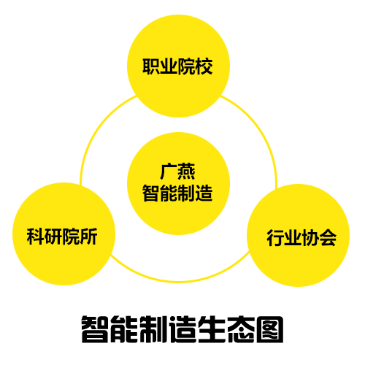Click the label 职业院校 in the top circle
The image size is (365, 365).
tap(177, 66)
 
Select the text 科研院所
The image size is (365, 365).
tap(62, 237)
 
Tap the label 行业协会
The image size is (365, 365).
tap(301, 238)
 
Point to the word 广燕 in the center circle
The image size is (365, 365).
tap(177, 172)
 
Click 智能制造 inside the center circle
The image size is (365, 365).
tap(177, 193)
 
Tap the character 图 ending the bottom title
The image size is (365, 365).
tap(270, 329)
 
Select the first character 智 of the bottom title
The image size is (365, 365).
tap(95, 329)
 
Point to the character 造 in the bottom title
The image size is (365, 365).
tap(182, 329)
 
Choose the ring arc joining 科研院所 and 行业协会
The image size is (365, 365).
tap(179, 282)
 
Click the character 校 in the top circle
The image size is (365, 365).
tap(204, 66)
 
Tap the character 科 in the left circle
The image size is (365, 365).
tap(36, 237)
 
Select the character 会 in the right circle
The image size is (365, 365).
tap(328, 238)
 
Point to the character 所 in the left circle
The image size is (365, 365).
tap(89, 237)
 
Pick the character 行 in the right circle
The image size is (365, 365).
tap(275, 238)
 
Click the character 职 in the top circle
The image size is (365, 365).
tap(151, 66)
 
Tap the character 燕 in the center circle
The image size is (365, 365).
tap(186, 172)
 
